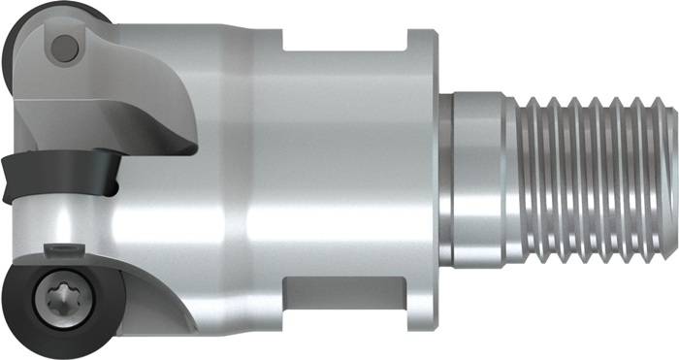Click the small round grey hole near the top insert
pos(64,45)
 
